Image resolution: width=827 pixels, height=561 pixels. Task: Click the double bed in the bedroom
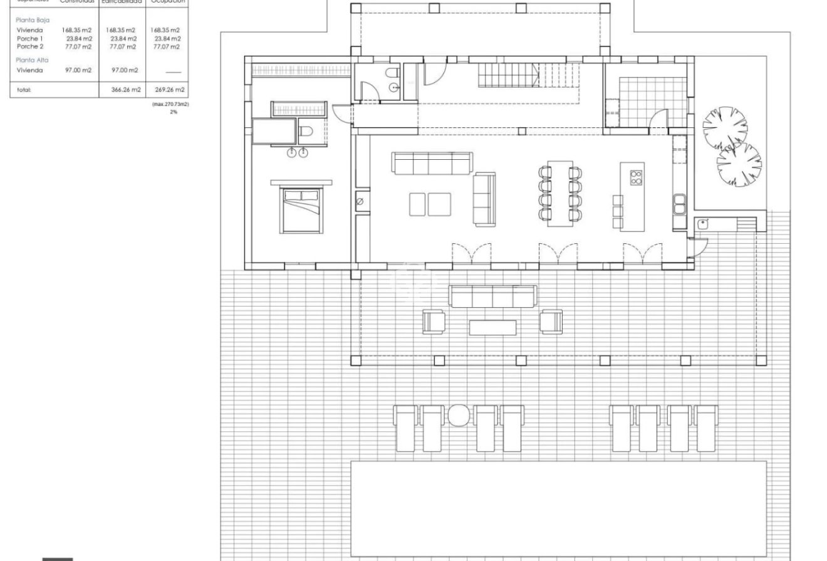[x=301, y=210]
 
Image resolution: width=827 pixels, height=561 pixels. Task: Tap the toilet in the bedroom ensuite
[x=306, y=131]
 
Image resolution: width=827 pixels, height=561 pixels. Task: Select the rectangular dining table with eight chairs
[x=559, y=192]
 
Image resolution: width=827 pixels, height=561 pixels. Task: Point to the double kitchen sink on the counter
[x=680, y=202]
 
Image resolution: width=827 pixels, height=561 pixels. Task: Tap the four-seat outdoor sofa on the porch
[x=493, y=296]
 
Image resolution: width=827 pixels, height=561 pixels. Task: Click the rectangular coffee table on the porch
[x=493, y=327]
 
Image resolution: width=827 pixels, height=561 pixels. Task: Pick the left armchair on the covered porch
[x=434, y=322]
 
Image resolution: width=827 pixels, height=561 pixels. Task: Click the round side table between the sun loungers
[x=459, y=415]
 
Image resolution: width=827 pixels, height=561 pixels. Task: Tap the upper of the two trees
[x=724, y=128]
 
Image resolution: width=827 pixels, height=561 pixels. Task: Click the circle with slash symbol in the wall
[x=360, y=201]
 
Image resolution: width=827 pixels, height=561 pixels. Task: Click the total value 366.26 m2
[x=122, y=90]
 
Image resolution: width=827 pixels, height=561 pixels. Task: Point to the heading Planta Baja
[x=32, y=20]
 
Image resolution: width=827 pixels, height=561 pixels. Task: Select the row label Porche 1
[x=30, y=38]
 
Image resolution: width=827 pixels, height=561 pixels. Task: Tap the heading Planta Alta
[x=32, y=60]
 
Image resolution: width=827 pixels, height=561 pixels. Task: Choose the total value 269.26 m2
[x=166, y=90]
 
